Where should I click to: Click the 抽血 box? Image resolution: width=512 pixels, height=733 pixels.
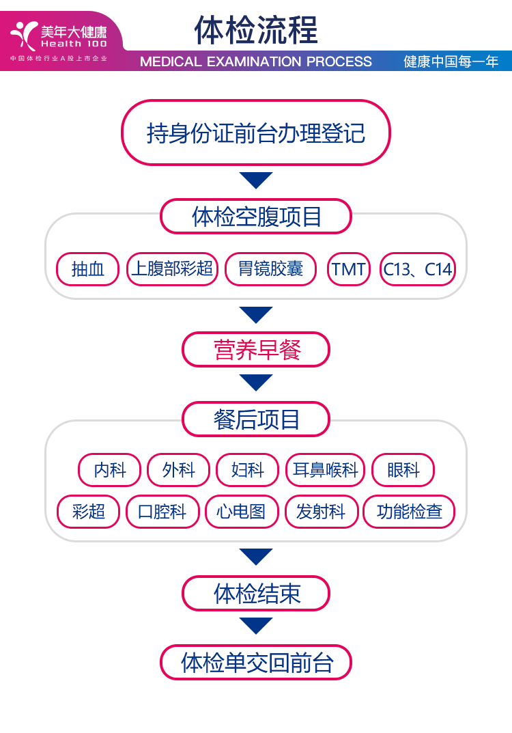[x=88, y=269]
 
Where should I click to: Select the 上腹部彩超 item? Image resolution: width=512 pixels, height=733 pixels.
[x=173, y=269]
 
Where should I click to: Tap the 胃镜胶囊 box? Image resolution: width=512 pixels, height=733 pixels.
[x=270, y=269]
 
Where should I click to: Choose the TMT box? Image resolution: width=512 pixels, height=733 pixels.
[x=349, y=269]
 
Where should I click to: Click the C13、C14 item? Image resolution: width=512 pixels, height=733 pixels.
[x=417, y=269]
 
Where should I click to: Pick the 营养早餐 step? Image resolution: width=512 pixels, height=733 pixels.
[x=256, y=350]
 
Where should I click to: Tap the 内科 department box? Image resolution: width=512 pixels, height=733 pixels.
[x=109, y=470]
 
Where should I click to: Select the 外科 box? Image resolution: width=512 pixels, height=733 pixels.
[x=178, y=470]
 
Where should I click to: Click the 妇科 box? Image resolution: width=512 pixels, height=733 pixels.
[x=247, y=470]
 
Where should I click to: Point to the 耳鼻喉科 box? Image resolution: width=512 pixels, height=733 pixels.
[x=325, y=470]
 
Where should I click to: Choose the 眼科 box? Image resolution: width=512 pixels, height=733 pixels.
[x=403, y=470]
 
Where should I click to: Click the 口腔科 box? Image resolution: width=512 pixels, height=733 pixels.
[x=162, y=512]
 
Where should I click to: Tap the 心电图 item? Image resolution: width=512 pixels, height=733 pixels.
[x=242, y=512]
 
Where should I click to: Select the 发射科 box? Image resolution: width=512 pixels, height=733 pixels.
[x=321, y=512]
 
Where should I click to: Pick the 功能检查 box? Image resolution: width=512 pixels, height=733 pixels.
[x=409, y=512]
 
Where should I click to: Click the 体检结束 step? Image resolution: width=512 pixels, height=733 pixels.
[x=256, y=593]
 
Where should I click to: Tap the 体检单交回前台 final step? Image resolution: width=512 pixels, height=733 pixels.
[x=256, y=662]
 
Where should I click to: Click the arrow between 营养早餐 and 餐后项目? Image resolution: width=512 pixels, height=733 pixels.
[x=256, y=382]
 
